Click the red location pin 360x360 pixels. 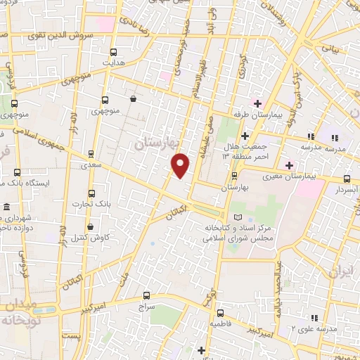coord(181,165)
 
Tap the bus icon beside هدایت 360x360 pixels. coord(114,52)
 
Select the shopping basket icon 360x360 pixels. coord(134,100)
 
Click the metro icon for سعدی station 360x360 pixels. coord(91,153)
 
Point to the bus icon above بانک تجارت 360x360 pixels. coord(91,193)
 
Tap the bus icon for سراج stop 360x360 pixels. coord(146,295)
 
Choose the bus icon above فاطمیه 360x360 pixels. coord(220,313)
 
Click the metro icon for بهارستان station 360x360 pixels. coord(235,177)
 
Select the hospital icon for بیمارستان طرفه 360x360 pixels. coord(257,103)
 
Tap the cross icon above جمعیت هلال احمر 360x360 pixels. coord(245,135)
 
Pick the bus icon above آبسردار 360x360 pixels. coord(347,179)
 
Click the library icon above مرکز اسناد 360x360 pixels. coord(237,218)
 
